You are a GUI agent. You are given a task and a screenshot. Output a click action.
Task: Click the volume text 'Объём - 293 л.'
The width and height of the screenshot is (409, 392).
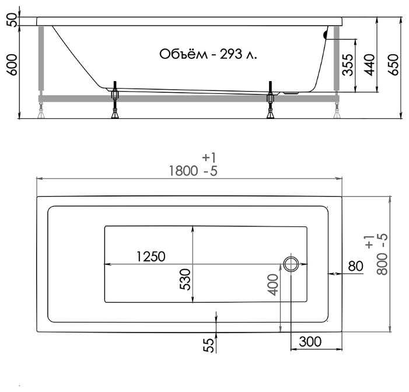click(208, 54)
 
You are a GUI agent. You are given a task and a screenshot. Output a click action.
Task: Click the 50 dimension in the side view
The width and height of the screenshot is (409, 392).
click(13, 20)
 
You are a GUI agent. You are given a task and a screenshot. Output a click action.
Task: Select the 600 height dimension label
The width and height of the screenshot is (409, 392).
click(13, 65)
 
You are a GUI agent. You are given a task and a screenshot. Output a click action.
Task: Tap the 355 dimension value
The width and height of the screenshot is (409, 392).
click(348, 65)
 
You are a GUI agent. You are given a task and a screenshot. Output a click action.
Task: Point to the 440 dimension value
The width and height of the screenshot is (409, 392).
click(369, 65)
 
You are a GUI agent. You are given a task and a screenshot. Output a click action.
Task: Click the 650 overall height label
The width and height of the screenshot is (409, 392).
click(393, 65)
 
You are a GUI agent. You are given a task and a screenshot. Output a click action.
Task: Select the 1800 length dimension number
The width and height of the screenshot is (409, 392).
click(183, 171)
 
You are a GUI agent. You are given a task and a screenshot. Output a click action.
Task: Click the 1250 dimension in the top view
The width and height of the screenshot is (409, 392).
click(151, 257)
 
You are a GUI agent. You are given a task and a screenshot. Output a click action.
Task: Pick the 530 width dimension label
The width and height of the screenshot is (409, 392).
click(186, 279)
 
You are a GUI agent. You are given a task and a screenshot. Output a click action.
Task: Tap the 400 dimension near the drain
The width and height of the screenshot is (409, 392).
click(274, 285)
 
